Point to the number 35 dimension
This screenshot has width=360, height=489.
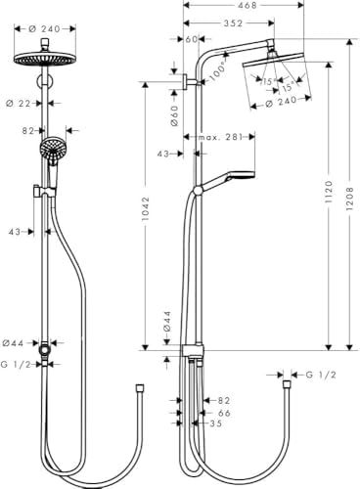216,424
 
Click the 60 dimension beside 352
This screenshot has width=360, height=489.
192,40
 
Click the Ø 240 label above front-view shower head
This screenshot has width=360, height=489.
45,29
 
